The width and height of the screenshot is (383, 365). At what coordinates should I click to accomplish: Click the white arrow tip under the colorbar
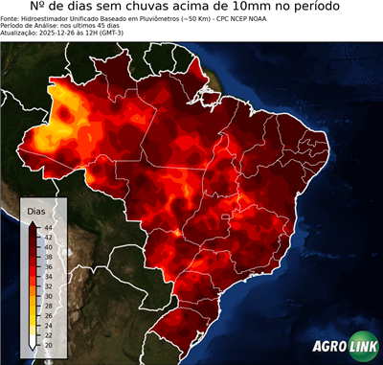click(34, 346)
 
